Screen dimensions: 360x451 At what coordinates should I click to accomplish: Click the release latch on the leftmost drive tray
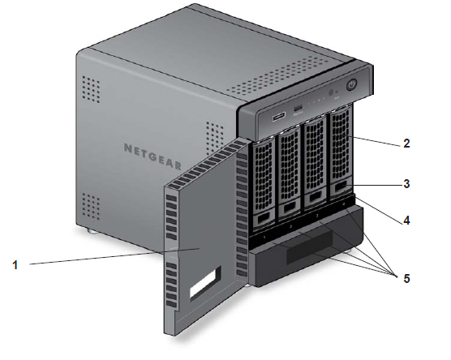tap(264, 219)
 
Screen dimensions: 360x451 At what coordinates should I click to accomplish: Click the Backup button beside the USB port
tap(299, 109)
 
